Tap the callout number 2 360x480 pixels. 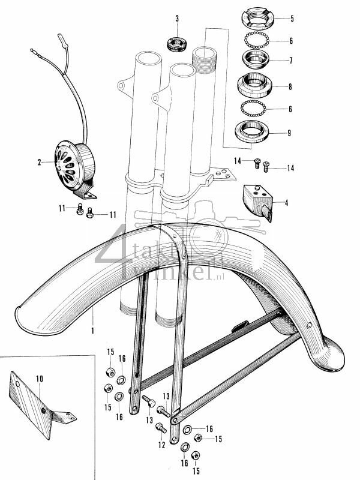point(40,162)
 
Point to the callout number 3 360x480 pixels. point(177,19)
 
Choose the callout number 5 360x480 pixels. point(292,19)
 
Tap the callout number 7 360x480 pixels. point(290,61)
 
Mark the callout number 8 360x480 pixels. point(290,87)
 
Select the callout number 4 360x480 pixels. point(286,203)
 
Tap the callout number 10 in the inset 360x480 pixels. point(40,379)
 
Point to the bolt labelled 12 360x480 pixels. point(160,428)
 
